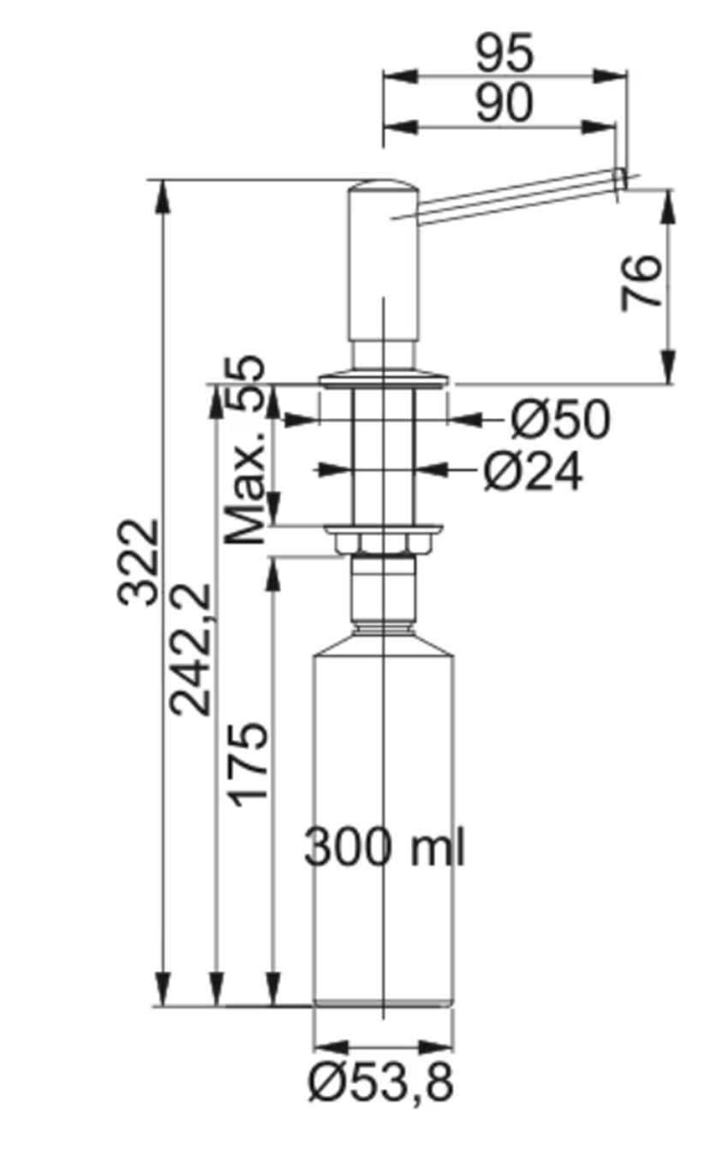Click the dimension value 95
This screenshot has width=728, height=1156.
tap(504, 54)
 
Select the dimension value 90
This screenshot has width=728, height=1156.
tap(504, 104)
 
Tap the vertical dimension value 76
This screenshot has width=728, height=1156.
tap(642, 283)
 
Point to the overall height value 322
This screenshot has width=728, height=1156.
tap(140, 562)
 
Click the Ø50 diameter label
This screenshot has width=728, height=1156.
tap(560, 420)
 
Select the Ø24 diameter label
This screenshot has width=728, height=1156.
tap(533, 471)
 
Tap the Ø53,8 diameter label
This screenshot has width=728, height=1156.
tap(381, 1084)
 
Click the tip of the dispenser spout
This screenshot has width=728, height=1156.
tap(620, 179)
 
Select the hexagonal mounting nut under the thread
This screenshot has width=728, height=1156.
tap(383, 543)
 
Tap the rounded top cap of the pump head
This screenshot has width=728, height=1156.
tap(383, 186)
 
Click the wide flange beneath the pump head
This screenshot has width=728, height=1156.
tap(383, 378)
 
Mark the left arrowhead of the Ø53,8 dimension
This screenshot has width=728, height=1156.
tap(324, 1047)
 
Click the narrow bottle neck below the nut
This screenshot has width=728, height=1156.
tap(383, 591)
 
